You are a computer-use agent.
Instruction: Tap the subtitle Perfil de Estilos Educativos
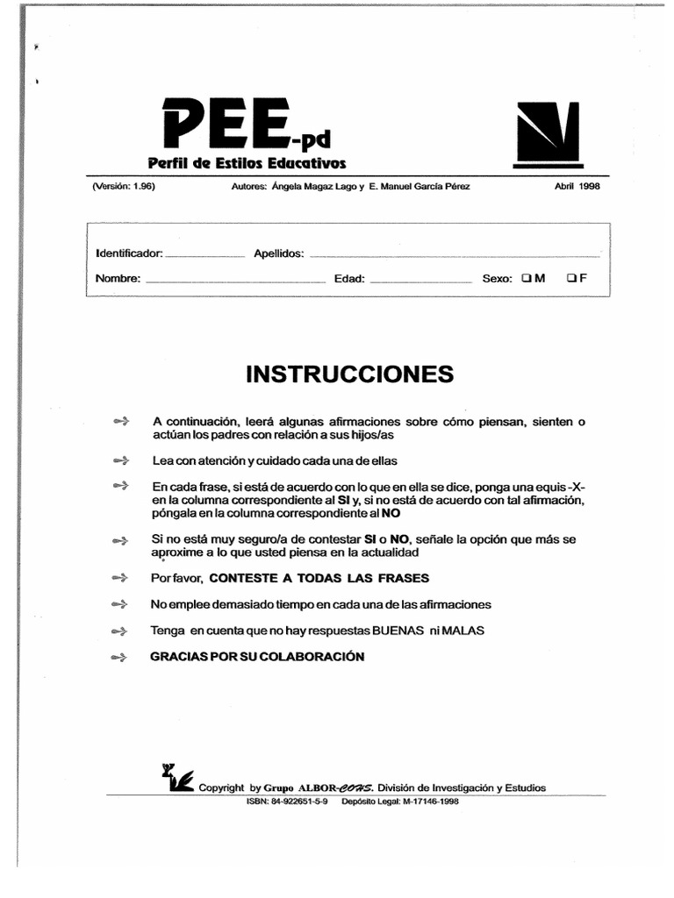247,164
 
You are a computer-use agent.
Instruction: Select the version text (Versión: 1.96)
124,186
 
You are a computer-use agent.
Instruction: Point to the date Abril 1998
577,186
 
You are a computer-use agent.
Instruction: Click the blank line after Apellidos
455,255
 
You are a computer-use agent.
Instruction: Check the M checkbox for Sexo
525,278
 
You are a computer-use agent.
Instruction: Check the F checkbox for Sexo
571,278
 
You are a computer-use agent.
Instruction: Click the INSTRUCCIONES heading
350,374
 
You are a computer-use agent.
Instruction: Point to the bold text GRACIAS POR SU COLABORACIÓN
257,656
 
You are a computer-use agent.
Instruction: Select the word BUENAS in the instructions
397,631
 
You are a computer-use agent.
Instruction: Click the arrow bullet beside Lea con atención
121,460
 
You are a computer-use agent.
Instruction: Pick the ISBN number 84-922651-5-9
300,801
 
